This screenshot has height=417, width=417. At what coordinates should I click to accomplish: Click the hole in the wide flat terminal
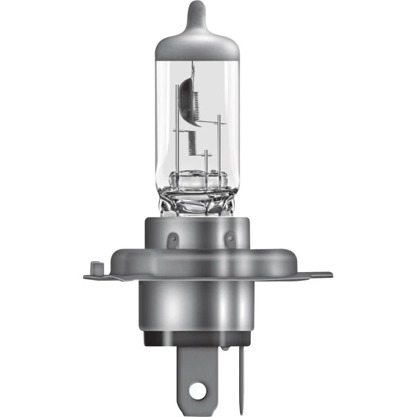[x=197, y=389]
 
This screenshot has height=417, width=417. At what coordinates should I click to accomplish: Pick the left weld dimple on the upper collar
[x=174, y=238]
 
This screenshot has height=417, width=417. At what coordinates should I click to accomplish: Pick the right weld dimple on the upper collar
[x=229, y=238]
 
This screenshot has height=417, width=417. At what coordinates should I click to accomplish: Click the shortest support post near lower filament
[x=206, y=162]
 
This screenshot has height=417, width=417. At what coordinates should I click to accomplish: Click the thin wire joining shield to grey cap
[x=192, y=68]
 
